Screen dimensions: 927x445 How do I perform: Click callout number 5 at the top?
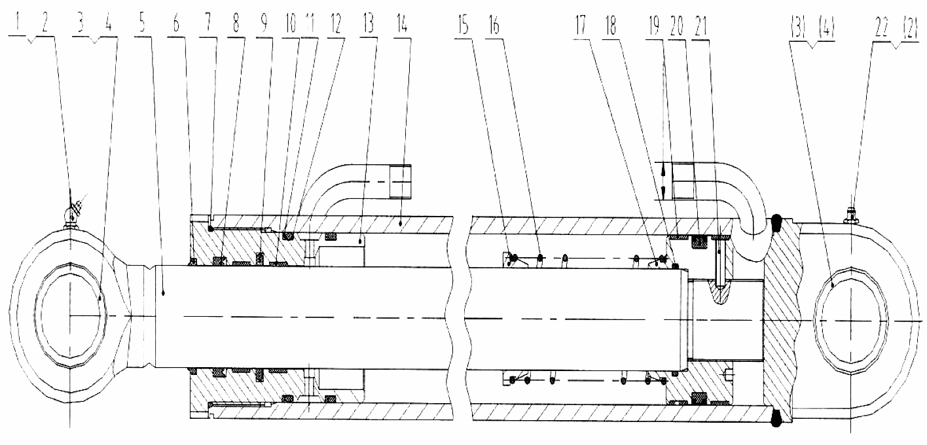click(142, 23)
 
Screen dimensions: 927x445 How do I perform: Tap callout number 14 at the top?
click(402, 23)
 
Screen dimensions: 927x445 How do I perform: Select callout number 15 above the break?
click(463, 25)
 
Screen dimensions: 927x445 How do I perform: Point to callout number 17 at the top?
click(581, 26)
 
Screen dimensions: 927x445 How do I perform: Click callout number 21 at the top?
click(700, 27)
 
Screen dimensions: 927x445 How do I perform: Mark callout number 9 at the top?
click(264, 23)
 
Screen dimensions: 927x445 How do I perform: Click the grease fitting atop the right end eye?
click(850, 217)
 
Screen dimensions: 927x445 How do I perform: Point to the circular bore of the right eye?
click(850, 321)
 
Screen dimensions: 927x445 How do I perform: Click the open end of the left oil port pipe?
click(401, 182)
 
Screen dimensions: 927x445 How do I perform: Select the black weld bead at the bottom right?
click(776, 418)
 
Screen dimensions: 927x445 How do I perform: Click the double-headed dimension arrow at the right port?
click(663, 181)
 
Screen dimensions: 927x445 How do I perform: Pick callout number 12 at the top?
click(335, 23)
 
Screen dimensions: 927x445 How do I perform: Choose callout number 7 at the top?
click(208, 23)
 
